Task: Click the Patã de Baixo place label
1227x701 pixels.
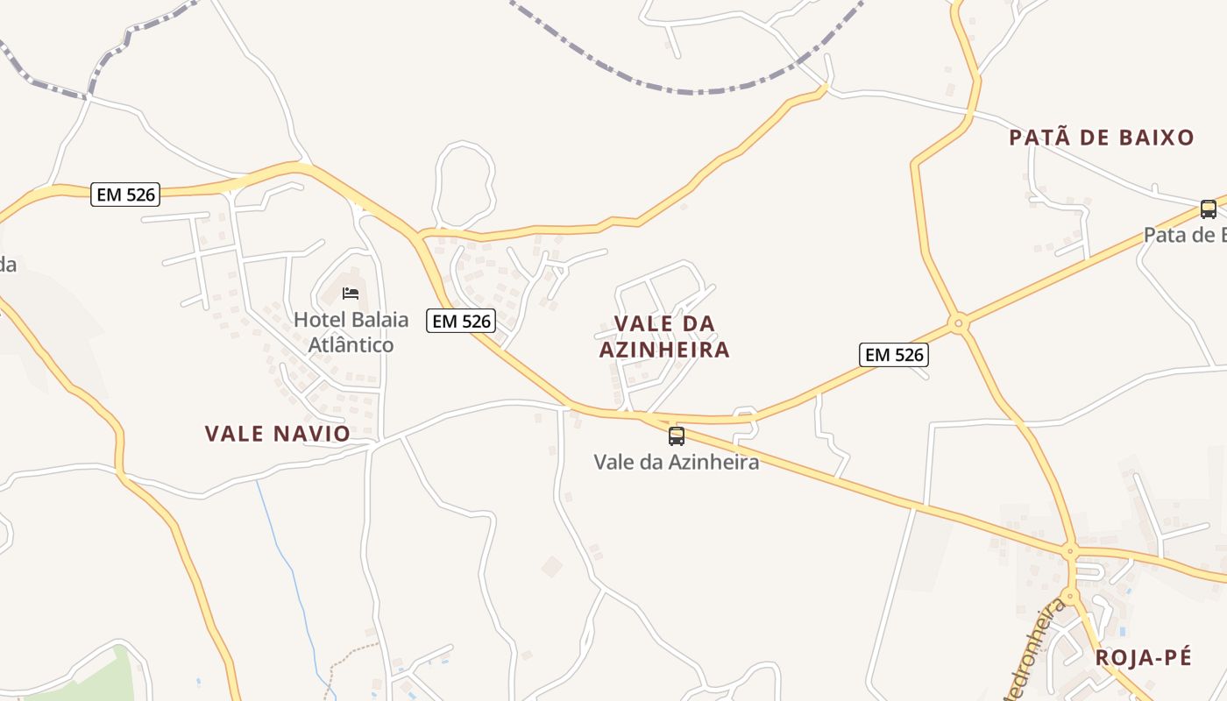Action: (1101, 138)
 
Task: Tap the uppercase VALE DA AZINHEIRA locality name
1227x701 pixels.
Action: (664, 336)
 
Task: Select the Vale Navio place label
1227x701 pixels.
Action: (277, 434)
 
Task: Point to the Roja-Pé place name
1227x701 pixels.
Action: (1144, 658)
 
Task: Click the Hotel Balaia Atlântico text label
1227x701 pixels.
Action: (351, 332)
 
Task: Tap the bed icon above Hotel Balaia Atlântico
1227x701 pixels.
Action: (351, 293)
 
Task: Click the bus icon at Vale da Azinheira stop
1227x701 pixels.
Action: (677, 435)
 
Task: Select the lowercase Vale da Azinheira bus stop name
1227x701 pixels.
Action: (677, 462)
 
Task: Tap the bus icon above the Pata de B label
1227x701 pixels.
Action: (1208, 209)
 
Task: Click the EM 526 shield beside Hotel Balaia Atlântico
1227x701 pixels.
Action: (461, 322)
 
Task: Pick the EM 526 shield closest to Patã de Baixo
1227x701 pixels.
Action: (894, 355)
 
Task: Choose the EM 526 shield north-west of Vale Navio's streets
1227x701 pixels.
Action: (126, 195)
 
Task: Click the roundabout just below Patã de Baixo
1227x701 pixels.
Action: (959, 324)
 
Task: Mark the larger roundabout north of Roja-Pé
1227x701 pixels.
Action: (1069, 553)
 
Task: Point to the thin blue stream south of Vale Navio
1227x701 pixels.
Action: (285, 561)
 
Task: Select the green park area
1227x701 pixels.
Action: (88, 683)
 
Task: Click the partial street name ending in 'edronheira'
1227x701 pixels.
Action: (1039, 648)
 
